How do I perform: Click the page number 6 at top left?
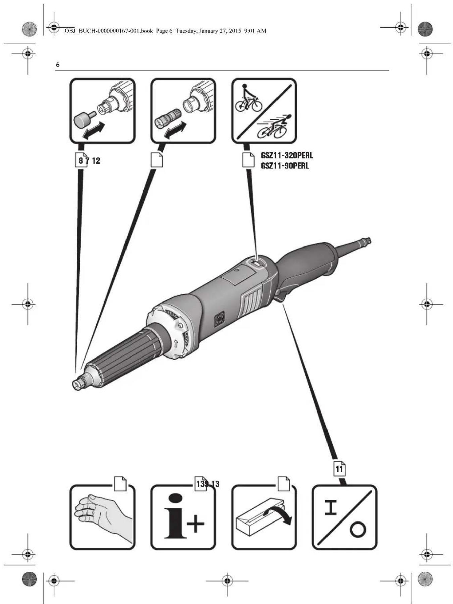[58, 65]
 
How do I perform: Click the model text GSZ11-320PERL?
[287, 156]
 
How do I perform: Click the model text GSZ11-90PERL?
[285, 166]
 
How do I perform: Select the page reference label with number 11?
[340, 469]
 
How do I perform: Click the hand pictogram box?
[102, 517]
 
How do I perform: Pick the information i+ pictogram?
[183, 517]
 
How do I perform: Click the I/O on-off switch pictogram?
[345, 517]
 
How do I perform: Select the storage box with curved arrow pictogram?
[264, 517]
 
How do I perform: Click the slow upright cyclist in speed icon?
[248, 99]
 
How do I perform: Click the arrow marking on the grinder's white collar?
[176, 343]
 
